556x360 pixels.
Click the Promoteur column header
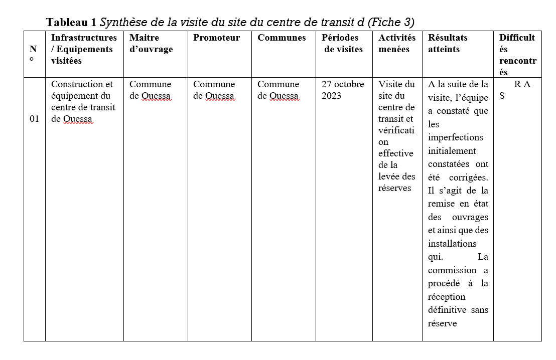pos(216,38)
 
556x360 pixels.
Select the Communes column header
pos(282,38)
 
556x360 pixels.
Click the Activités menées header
pos(397,44)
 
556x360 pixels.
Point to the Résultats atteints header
pos(448,44)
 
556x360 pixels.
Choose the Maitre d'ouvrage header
pos(151,44)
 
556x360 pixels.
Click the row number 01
pos(34,119)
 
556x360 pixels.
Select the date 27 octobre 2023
pos(343,90)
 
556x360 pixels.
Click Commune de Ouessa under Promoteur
pos(214,90)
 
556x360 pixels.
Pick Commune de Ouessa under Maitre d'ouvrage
pos(151,90)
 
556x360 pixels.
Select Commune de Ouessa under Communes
pos(279,90)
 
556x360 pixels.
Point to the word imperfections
pos(456,137)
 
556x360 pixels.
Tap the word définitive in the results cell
pos(447,310)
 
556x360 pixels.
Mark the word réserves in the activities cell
pos(395,188)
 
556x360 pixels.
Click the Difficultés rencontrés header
pos(517,55)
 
